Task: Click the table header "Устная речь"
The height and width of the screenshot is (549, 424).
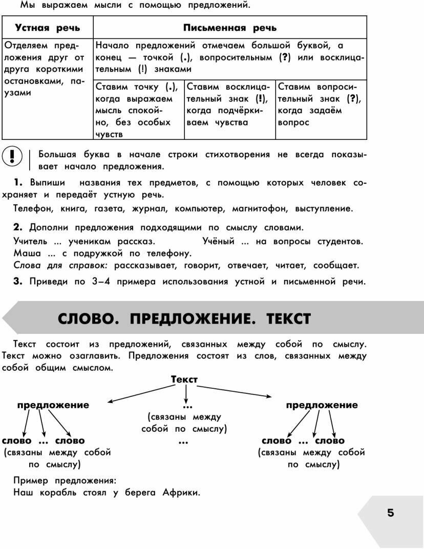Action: point(47,28)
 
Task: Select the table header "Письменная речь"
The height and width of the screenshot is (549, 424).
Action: point(230,28)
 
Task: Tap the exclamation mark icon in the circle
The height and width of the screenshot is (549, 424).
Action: point(12,156)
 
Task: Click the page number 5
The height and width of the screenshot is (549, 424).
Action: point(391,513)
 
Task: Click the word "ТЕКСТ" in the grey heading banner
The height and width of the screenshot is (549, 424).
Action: point(288,320)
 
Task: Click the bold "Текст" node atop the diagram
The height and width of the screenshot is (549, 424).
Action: point(184,379)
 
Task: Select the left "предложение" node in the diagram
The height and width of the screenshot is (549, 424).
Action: point(53,405)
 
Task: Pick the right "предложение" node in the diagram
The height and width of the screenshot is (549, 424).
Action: point(322,405)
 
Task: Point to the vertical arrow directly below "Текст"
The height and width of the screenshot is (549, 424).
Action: point(186,393)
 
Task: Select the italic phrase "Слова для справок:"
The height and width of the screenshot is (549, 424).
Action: point(61,265)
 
